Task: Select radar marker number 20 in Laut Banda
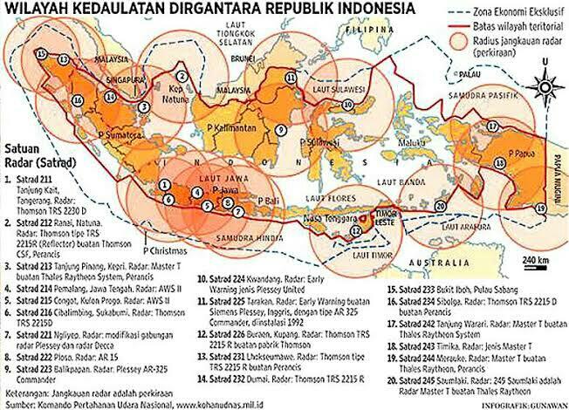(440, 207)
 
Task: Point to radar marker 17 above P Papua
(492, 126)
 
